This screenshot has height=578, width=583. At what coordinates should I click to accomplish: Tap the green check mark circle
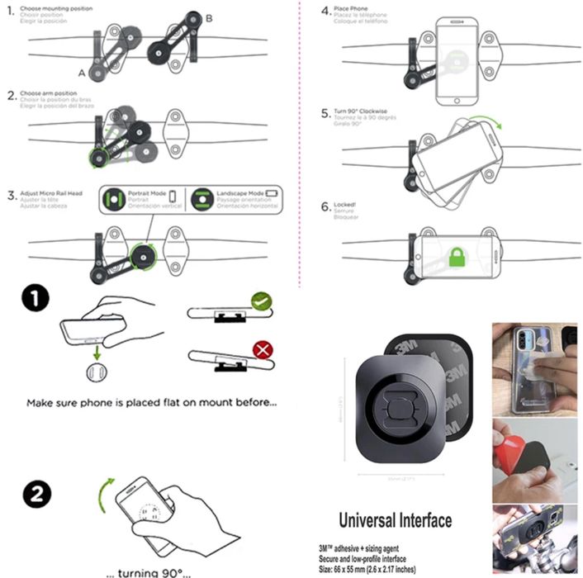(x=263, y=301)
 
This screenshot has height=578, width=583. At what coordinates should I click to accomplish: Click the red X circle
(x=263, y=350)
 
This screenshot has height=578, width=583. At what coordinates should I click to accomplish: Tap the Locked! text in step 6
(x=344, y=204)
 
